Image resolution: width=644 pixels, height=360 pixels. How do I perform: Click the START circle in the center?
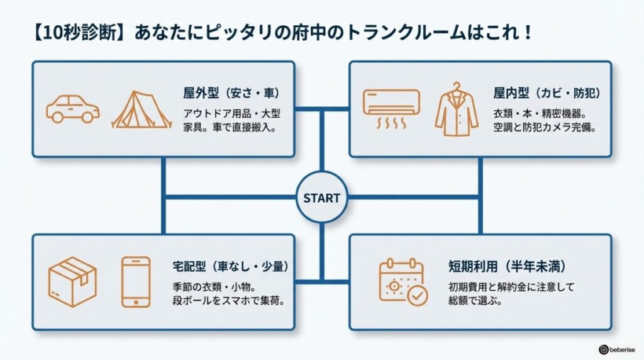click(321, 198)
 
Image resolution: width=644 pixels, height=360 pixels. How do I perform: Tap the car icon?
click(74, 109)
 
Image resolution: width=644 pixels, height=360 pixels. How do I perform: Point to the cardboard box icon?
click(72, 281)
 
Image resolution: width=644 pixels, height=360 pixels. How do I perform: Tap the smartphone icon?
click(136, 281)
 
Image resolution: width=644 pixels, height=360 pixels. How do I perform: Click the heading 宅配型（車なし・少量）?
click(230, 266)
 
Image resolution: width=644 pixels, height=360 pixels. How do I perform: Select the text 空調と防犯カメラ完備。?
click(545, 127)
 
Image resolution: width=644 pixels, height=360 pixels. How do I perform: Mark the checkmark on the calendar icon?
click(416, 295)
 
